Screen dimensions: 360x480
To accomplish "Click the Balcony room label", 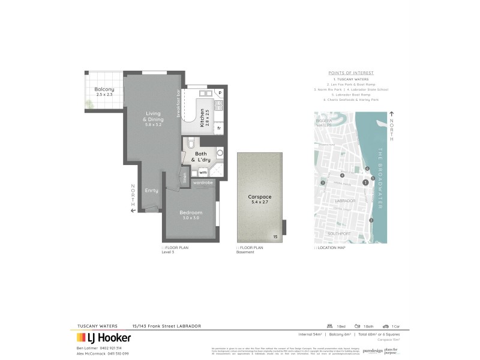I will (x=104, y=89).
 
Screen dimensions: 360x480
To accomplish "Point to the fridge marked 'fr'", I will (x=219, y=128).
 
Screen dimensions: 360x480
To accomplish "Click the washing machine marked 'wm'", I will (x=203, y=172).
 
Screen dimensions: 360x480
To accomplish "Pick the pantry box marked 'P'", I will (x=220, y=93).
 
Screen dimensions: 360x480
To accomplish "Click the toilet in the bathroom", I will (x=190, y=144).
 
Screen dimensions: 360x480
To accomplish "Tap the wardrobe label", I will (x=203, y=182).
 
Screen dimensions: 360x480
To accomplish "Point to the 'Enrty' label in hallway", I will (x=151, y=190).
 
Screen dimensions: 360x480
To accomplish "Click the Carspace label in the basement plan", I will (x=260, y=197).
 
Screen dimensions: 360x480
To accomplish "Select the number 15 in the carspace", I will (x=275, y=238).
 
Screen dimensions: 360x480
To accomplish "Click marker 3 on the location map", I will (x=323, y=183).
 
